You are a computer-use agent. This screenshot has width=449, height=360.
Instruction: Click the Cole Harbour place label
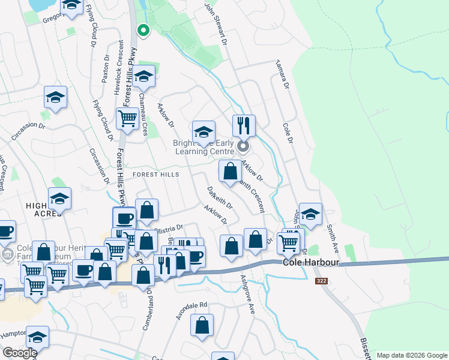coord(303,263)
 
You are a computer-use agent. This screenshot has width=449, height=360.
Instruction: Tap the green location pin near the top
coord(143,29)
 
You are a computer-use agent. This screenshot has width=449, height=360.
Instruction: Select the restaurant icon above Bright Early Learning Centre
coord(244,126)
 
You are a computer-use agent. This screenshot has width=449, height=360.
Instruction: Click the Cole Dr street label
coord(288,133)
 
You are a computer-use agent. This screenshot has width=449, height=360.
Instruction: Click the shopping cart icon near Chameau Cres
coord(127,119)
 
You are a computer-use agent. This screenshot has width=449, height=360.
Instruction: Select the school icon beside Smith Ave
coord(310,214)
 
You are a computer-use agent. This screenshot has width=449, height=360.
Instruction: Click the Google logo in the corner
coord(19,353)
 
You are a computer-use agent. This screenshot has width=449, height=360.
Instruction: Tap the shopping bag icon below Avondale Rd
coord(202,325)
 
